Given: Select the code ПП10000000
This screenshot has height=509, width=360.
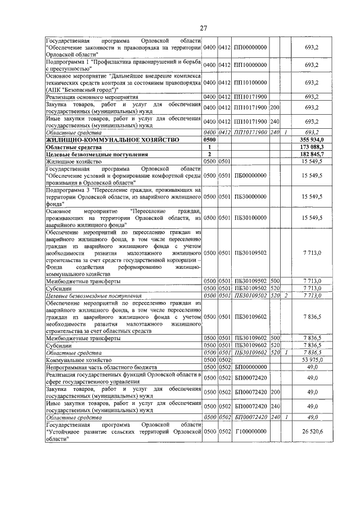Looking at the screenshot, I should click(250, 65).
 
